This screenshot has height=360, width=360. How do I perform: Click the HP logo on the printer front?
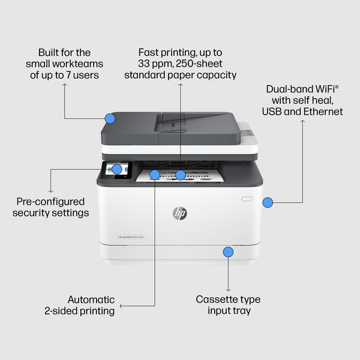(179, 213)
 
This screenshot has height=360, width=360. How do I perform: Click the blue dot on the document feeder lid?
(109, 118)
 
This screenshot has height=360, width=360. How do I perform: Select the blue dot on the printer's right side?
(268, 203)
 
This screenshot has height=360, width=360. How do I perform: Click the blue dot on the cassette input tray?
(228, 252)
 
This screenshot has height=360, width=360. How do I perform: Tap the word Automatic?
(91, 299)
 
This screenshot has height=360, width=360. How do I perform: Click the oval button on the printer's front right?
(247, 197)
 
